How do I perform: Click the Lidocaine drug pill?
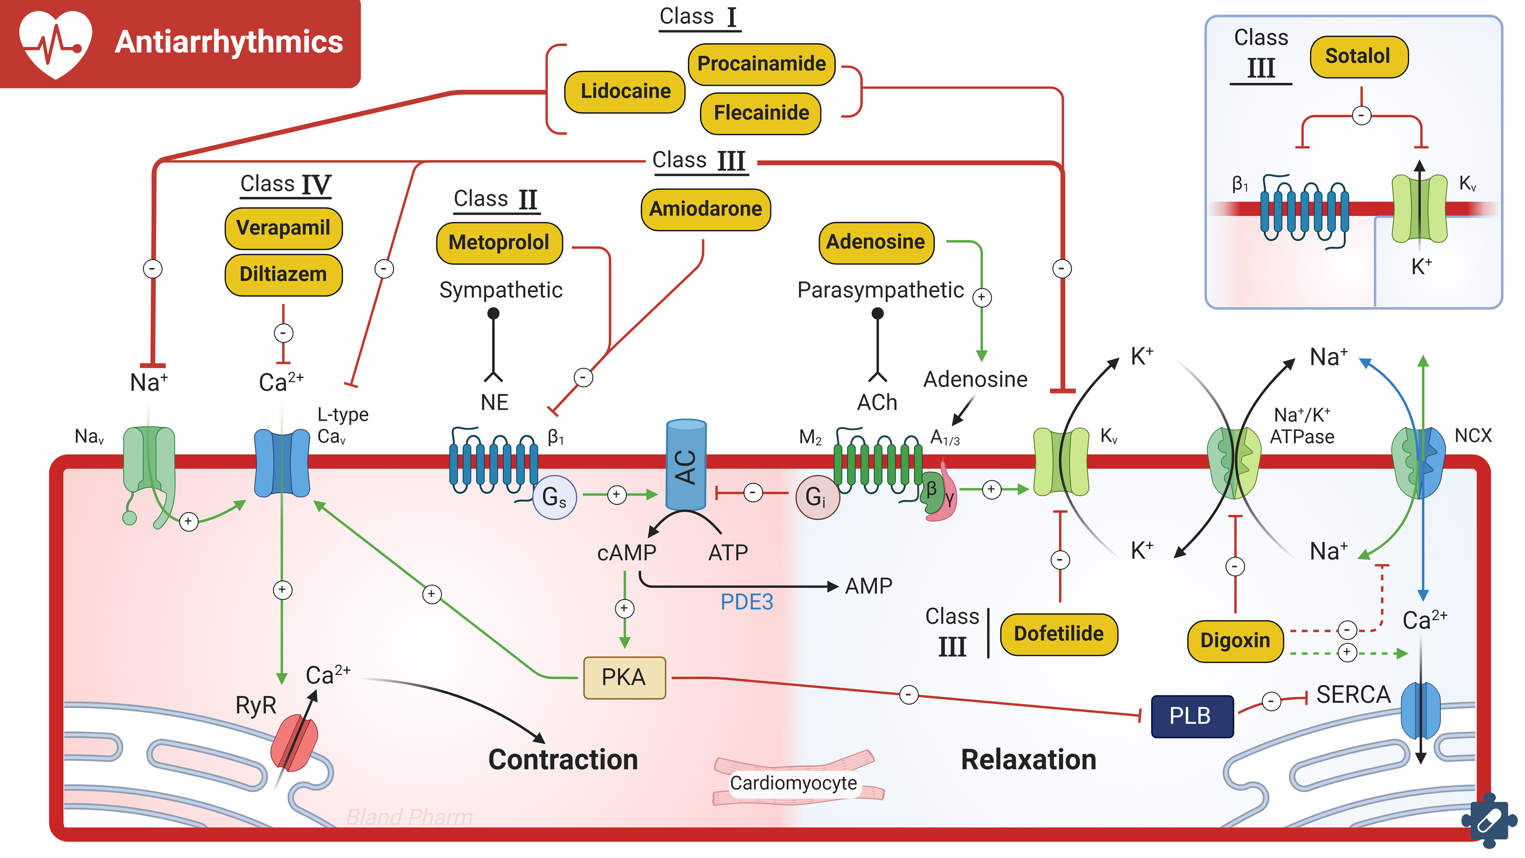(x=625, y=91)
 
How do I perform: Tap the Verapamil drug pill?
(x=283, y=228)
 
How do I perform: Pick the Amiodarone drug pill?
(x=706, y=209)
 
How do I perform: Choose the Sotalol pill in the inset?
(x=1359, y=56)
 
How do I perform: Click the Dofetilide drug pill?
(x=1058, y=634)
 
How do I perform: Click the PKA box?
(x=624, y=677)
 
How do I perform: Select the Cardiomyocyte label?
(x=793, y=783)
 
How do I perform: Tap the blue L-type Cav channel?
(x=282, y=463)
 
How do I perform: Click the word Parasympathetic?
(x=880, y=290)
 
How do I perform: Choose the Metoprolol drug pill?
(x=499, y=242)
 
